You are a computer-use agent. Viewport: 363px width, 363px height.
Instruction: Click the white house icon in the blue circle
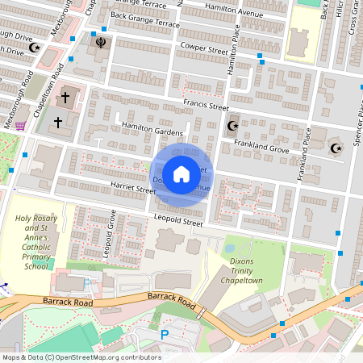pyautogui.click(x=181, y=173)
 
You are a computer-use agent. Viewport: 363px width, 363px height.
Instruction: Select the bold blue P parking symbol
pyautogui.click(x=165, y=333)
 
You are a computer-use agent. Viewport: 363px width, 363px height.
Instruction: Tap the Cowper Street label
pyautogui.click(x=205, y=49)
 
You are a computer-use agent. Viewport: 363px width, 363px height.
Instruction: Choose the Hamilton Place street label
pyautogui.click(x=236, y=56)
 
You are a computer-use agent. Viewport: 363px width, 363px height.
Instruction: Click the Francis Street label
pyautogui.click(x=206, y=105)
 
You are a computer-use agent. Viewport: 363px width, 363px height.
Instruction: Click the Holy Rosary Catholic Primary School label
pyautogui.click(x=36, y=242)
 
